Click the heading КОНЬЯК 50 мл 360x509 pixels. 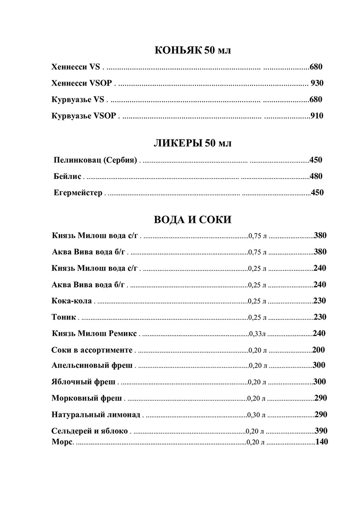[193, 50]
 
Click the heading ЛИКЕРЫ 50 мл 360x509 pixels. [193, 143]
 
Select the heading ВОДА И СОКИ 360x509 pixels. [193, 219]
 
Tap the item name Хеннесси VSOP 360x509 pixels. [82, 83]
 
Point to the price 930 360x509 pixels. [317, 83]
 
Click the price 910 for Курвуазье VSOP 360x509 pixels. [317, 116]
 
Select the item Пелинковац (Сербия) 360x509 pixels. [95, 160]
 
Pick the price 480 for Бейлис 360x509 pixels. [316, 176]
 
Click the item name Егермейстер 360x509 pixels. [78, 193]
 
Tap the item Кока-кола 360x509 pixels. [72, 301]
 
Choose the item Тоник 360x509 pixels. [64, 317]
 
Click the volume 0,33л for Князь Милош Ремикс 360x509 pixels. [257, 334]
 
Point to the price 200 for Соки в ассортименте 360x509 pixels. [319, 350]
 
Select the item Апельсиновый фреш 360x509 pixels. [92, 365]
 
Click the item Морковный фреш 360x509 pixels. [86, 398]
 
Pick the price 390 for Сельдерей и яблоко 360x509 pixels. [321, 431]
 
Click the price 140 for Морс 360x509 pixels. [322, 442]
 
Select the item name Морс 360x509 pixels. [62, 442]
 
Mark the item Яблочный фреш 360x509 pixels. [83, 382]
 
